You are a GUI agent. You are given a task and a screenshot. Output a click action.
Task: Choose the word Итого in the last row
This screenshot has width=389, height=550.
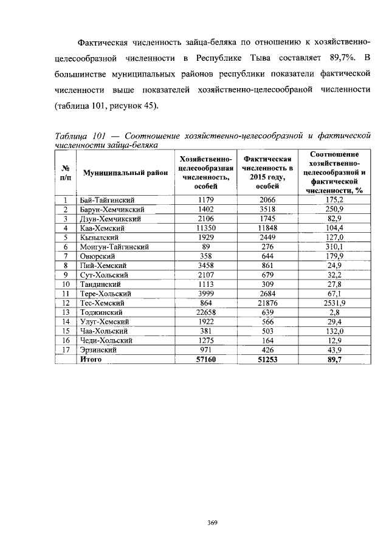pos(91,360)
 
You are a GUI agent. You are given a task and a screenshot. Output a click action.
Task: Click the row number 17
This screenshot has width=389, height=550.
pos(64,350)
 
